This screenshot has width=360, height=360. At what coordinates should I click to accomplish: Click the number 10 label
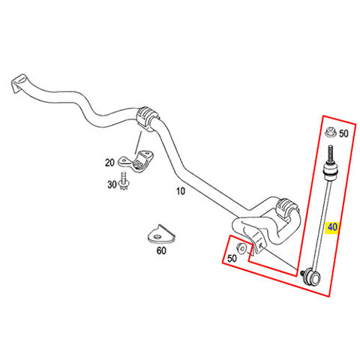(181, 191)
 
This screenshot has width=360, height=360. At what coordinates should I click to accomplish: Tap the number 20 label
(109, 163)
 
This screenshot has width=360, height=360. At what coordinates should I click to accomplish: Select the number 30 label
(112, 184)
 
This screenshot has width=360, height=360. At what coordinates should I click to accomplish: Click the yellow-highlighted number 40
(332, 227)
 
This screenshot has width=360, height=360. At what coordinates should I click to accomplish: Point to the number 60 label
(161, 250)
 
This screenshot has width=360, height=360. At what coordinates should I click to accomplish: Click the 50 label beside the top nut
(343, 133)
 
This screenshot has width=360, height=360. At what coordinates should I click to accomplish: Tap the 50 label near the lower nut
(232, 258)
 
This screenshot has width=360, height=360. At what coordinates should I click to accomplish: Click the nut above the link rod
(330, 132)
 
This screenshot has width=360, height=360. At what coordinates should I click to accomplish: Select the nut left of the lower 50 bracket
(241, 248)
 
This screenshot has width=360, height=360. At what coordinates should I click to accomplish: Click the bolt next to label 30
(123, 181)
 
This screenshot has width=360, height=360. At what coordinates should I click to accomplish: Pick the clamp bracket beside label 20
(136, 161)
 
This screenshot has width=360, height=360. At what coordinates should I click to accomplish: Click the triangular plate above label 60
(161, 234)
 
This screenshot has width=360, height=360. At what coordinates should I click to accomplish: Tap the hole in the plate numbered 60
(157, 236)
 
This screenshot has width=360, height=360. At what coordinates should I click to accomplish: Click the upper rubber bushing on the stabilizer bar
(147, 118)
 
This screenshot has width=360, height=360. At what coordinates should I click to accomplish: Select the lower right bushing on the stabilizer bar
(286, 210)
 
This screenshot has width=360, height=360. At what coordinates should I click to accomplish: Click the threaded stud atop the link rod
(331, 154)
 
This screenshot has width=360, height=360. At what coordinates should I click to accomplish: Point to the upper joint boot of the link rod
(329, 171)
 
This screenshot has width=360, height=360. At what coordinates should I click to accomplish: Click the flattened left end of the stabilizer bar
(19, 83)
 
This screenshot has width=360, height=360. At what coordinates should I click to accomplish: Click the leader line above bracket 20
(139, 142)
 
